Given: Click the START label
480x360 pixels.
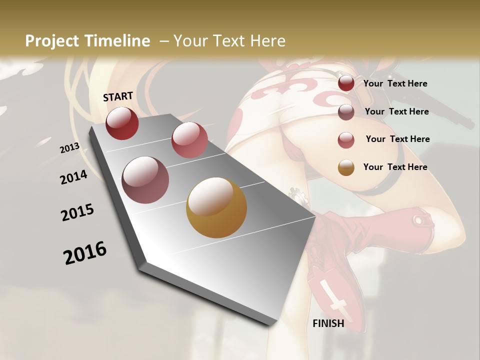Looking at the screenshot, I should [x=118, y=96].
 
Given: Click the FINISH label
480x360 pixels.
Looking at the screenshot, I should [x=328, y=323].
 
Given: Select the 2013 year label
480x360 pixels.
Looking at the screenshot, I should [x=69, y=148].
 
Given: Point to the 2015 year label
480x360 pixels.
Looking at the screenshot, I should [x=77, y=212].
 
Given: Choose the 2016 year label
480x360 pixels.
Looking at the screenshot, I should [x=85, y=253].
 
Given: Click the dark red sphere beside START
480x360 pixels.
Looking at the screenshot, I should [x=122, y=123].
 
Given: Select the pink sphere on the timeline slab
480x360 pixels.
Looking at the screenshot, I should [x=189, y=140].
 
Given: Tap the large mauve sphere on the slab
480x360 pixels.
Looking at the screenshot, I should [x=145, y=180].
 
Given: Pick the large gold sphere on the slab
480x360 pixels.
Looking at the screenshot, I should [x=216, y=207].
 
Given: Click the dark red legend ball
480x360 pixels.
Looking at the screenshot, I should [x=346, y=83].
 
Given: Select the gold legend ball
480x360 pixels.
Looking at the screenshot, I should [x=346, y=167].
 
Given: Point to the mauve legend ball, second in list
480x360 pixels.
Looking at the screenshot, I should [x=346, y=112].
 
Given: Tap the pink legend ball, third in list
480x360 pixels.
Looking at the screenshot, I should [x=346, y=140].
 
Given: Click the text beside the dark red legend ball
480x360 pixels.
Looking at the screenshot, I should [x=395, y=83].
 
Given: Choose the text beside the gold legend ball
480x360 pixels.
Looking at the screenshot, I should [x=395, y=167].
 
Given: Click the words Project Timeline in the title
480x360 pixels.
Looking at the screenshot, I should [x=87, y=41].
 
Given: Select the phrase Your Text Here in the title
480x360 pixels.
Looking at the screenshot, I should [x=229, y=41].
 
